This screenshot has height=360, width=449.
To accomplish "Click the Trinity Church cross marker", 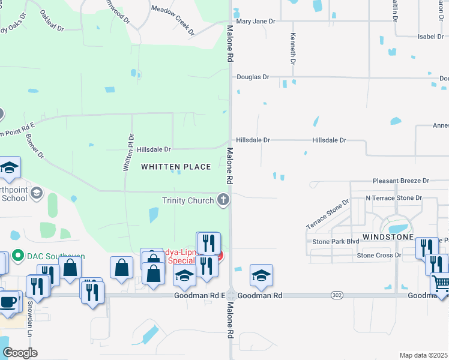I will (x=223, y=200).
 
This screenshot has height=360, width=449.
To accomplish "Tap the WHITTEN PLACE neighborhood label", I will (x=176, y=167).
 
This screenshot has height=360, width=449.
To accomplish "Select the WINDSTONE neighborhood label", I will (x=388, y=238).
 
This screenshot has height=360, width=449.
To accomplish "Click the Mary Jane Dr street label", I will (x=255, y=21).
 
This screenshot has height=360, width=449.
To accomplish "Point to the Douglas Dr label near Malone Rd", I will (x=253, y=77).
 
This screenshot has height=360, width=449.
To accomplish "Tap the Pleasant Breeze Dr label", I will (x=401, y=181).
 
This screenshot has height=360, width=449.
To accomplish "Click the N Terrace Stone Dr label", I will (x=394, y=198).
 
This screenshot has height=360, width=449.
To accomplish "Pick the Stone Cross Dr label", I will (x=379, y=256).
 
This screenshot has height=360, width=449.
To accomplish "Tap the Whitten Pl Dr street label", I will (x=127, y=153).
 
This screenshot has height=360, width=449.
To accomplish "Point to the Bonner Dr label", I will (x=35, y=146).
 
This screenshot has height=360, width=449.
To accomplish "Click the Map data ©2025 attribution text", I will (x=423, y=355).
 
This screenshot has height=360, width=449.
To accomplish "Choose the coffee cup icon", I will (x=8, y=301).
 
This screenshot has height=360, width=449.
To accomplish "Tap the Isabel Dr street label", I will (x=430, y=37).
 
